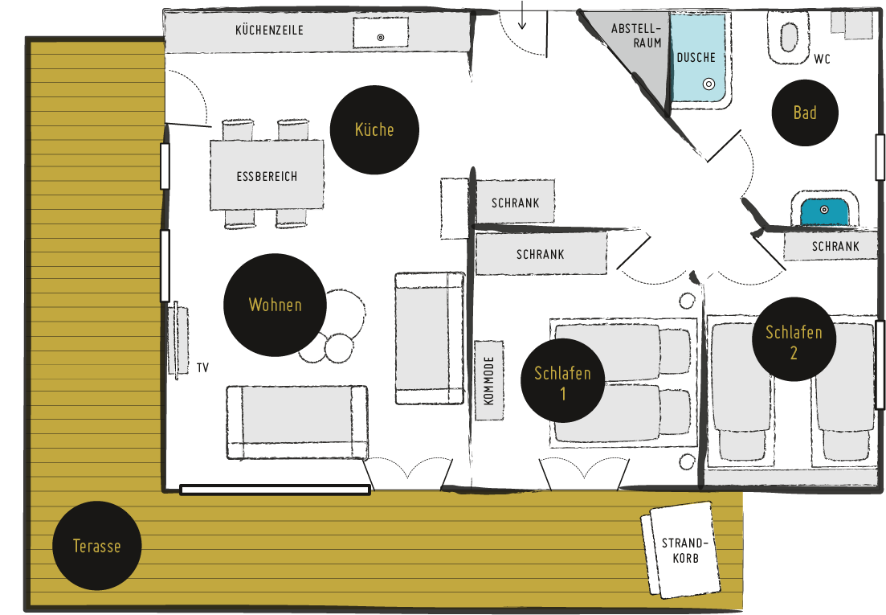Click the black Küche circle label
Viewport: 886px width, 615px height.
pyautogui.click(x=374, y=130)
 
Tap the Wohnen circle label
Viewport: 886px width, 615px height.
pyautogui.click(x=276, y=305)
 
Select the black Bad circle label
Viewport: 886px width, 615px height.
pyautogui.click(x=805, y=113)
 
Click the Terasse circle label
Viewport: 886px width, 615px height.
pyautogui.click(x=96, y=546)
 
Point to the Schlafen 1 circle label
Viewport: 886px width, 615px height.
pyautogui.click(x=563, y=380)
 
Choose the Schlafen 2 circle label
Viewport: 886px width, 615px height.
pyautogui.click(x=794, y=339)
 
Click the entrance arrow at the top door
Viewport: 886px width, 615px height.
pyautogui.click(x=522, y=14)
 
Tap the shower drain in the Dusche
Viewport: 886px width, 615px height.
pyautogui.click(x=708, y=84)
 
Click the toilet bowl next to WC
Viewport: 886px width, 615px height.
pyautogui.click(x=788, y=37)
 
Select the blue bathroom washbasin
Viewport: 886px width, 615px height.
pyautogui.click(x=824, y=211)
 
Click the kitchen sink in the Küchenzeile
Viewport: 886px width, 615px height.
pyautogui.click(x=380, y=32)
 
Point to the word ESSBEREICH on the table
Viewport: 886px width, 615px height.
pyautogui.click(x=267, y=176)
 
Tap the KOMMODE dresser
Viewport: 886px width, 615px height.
pyautogui.click(x=488, y=380)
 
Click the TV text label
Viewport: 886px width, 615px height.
pyautogui.click(x=203, y=368)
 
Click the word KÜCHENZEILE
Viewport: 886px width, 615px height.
pyautogui.click(x=270, y=30)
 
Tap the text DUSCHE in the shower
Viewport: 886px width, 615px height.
pyautogui.click(x=696, y=58)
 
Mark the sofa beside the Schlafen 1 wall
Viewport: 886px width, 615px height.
pyautogui.click(x=430, y=338)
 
